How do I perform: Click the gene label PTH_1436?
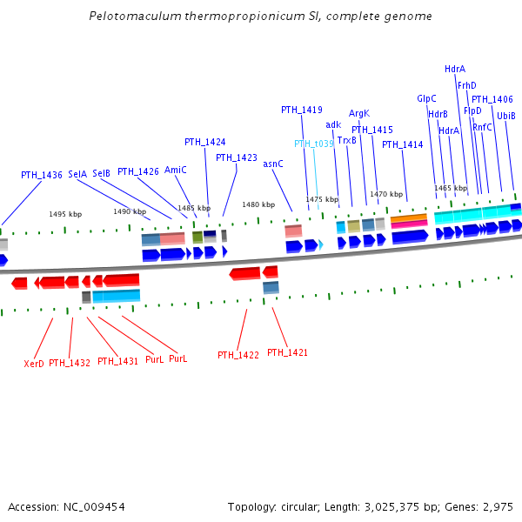click(x=42, y=175)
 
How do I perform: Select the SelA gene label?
click(x=77, y=174)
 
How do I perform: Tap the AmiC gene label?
click(x=176, y=170)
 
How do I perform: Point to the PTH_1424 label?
click(x=204, y=142)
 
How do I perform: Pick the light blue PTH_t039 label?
click(x=313, y=144)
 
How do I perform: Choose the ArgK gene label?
click(x=359, y=113)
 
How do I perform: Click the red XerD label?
click(x=34, y=364)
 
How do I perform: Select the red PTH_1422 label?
click(x=238, y=355)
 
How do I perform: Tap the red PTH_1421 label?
click(x=287, y=352)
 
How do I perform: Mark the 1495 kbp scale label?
click(x=65, y=214)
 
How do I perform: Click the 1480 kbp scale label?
click(x=258, y=205)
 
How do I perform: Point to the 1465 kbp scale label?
click(x=451, y=188)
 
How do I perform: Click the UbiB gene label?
click(x=506, y=116)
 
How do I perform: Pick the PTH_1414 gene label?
click(x=402, y=144)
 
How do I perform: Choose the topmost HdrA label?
click(x=455, y=69)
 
